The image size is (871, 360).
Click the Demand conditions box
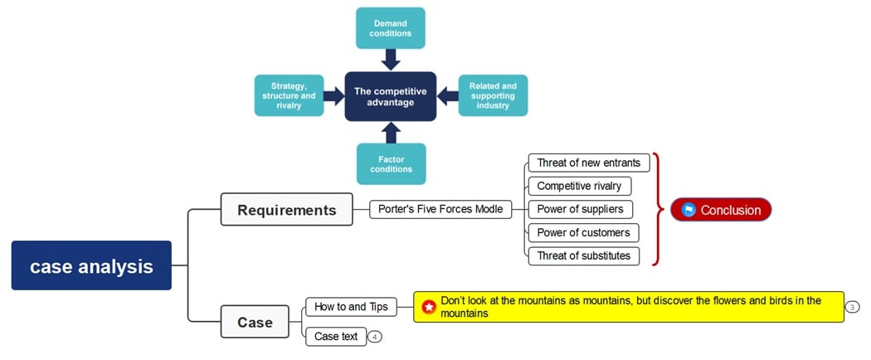coord(391,27)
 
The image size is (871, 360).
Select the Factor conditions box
coord(391,163)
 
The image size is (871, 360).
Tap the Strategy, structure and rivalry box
coord(289,95)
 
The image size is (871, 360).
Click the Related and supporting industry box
coord(493,95)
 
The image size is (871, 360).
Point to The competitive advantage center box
coord(391,96)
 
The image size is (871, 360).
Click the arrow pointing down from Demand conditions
coord(391,60)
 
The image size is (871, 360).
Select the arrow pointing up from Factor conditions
coord(391,132)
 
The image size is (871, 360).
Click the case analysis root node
coord(91,266)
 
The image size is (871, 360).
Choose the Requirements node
coord(287,209)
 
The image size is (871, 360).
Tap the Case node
coord(255,322)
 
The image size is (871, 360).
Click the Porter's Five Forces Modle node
coord(440,209)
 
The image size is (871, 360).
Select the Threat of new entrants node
coord(588,163)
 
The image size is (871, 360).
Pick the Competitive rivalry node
coord(579,186)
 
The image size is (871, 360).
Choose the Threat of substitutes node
coord(584,255)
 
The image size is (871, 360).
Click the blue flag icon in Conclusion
coord(688,210)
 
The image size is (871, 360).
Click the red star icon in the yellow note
coord(429,307)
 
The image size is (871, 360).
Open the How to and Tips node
coord(351,307)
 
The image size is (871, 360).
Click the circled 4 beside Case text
coord(376,337)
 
